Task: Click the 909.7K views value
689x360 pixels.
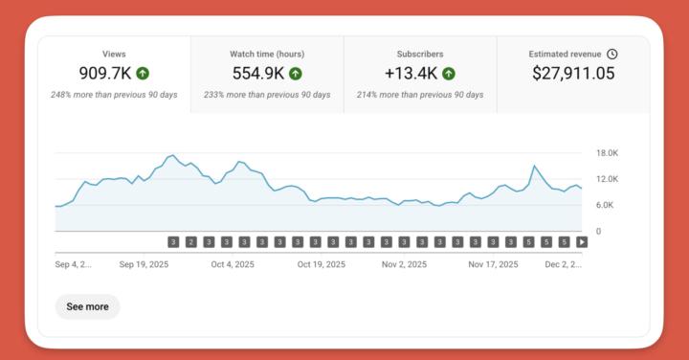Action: pyautogui.click(x=106, y=73)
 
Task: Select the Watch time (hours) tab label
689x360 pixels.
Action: pyautogui.click(x=267, y=55)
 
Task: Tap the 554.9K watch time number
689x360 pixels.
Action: pyautogui.click(x=258, y=73)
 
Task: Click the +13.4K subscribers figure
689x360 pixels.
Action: pyautogui.click(x=411, y=73)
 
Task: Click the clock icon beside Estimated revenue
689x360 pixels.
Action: pyautogui.click(x=612, y=55)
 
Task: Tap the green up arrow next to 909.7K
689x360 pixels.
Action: pyautogui.click(x=143, y=73)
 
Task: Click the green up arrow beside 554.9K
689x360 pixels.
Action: pyautogui.click(x=296, y=73)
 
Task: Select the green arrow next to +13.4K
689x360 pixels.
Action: pyautogui.click(x=448, y=73)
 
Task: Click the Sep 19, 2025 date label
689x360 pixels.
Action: pyautogui.click(x=144, y=264)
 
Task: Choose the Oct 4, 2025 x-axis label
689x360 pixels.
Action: pyautogui.click(x=233, y=264)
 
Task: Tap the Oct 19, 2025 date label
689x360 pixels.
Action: pyautogui.click(x=321, y=264)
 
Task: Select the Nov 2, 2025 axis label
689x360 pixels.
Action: pyautogui.click(x=406, y=264)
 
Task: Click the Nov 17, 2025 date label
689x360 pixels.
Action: pyautogui.click(x=493, y=264)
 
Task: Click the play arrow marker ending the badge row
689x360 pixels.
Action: pyautogui.click(x=582, y=242)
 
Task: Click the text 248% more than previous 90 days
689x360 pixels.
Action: pyautogui.click(x=114, y=96)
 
